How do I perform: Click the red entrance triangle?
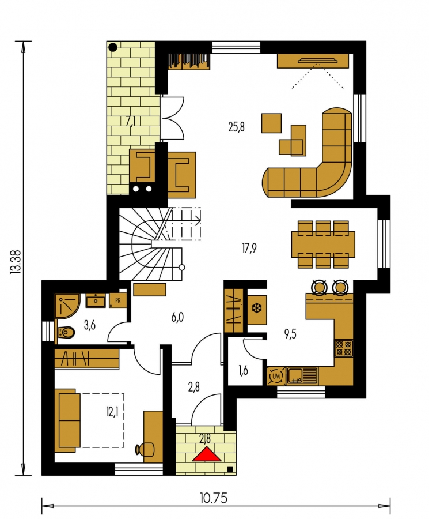click(x=207, y=454)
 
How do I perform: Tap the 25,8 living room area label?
click(x=236, y=127)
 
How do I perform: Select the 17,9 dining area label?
click(x=249, y=248)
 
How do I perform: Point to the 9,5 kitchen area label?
click(x=290, y=334)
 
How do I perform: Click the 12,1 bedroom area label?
click(x=112, y=412)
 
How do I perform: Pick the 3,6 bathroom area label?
click(x=90, y=325)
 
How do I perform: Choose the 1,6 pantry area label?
click(x=243, y=370)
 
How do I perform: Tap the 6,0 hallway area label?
click(x=177, y=317)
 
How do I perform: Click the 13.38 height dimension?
click(x=16, y=261)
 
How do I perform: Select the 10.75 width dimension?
click(x=214, y=498)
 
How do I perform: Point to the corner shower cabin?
click(x=67, y=305)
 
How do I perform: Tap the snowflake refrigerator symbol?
click(x=257, y=309)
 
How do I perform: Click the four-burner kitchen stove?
click(x=344, y=348)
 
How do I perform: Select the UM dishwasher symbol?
click(x=276, y=376)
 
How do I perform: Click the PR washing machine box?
click(x=117, y=301)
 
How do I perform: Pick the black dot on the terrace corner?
click(x=113, y=47)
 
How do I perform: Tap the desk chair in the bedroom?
click(x=146, y=449)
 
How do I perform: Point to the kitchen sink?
click(x=302, y=376)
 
